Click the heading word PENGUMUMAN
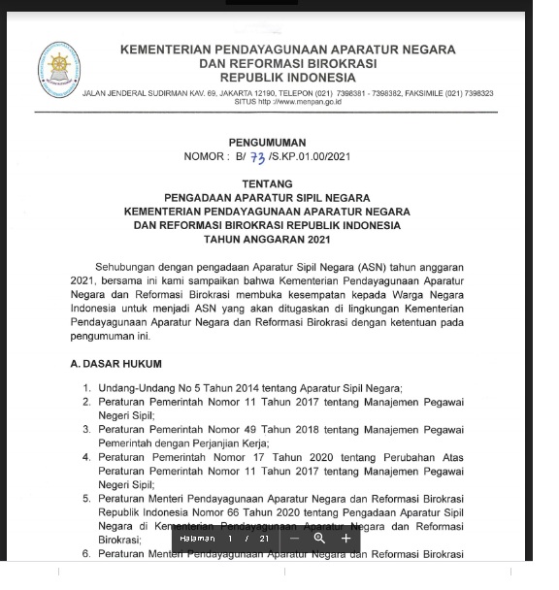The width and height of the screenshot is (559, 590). (x=266, y=142)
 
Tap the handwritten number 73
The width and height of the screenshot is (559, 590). (x=257, y=158)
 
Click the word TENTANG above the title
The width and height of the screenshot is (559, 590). (x=266, y=182)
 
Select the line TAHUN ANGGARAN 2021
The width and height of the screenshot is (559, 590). (x=266, y=238)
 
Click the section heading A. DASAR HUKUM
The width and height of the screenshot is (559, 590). (x=116, y=364)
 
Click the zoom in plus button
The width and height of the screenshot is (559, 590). (x=346, y=538)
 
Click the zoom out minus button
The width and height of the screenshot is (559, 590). (x=294, y=538)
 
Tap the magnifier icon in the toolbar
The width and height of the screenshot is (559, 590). (x=319, y=538)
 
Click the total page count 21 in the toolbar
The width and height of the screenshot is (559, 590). (x=264, y=538)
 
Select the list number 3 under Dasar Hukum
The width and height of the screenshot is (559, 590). (x=86, y=427)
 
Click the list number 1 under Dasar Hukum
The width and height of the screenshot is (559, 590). (x=86, y=388)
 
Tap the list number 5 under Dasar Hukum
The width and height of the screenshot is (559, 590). (x=86, y=497)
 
